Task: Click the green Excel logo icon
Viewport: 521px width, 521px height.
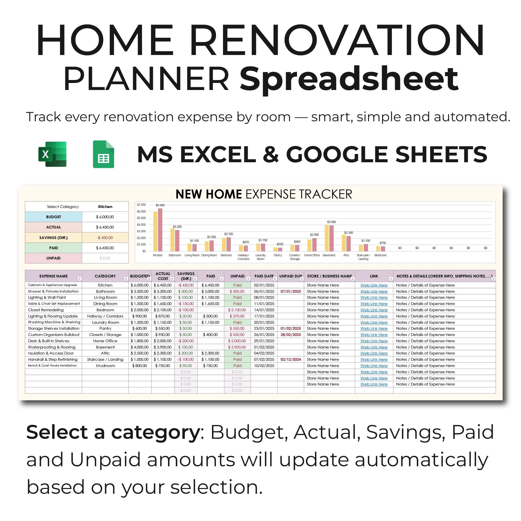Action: pos(52,154)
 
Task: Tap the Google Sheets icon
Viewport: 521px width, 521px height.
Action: pos(103,154)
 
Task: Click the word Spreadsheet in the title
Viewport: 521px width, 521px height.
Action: pos(349,80)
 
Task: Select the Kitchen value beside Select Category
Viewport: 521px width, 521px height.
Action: pos(105,206)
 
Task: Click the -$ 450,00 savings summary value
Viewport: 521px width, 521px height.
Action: pos(105,237)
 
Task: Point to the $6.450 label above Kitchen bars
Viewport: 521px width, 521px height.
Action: pos(160,205)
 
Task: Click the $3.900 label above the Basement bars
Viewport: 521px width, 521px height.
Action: pos(331,222)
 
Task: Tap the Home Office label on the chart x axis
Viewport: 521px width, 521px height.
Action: pos(312,255)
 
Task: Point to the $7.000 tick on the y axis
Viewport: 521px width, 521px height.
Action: pos(141,205)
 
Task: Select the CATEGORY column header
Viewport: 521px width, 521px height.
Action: pos(105,276)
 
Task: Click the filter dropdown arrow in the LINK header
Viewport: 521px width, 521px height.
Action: pos(390,279)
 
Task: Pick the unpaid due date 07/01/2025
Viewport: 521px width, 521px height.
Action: pos(291,291)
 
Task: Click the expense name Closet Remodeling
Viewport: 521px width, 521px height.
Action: pos(46,310)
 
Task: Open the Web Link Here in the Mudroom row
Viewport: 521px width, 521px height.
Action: pos(374,366)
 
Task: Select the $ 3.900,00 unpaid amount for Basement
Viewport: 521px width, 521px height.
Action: pos(237,347)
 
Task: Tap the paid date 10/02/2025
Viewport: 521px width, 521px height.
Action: pos(264,366)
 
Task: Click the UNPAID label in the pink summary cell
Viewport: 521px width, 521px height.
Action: pos(53,258)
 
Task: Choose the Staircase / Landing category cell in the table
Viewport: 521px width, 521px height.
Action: pos(105,359)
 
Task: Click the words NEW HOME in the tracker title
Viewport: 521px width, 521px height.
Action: pos(208,194)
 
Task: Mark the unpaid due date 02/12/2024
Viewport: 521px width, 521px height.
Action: pos(291,359)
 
